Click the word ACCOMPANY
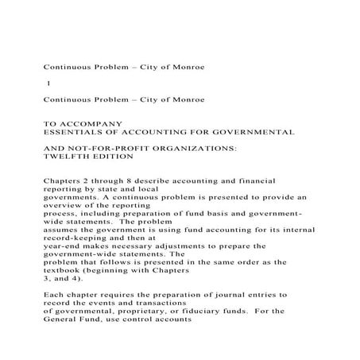click(x=94, y=123)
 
